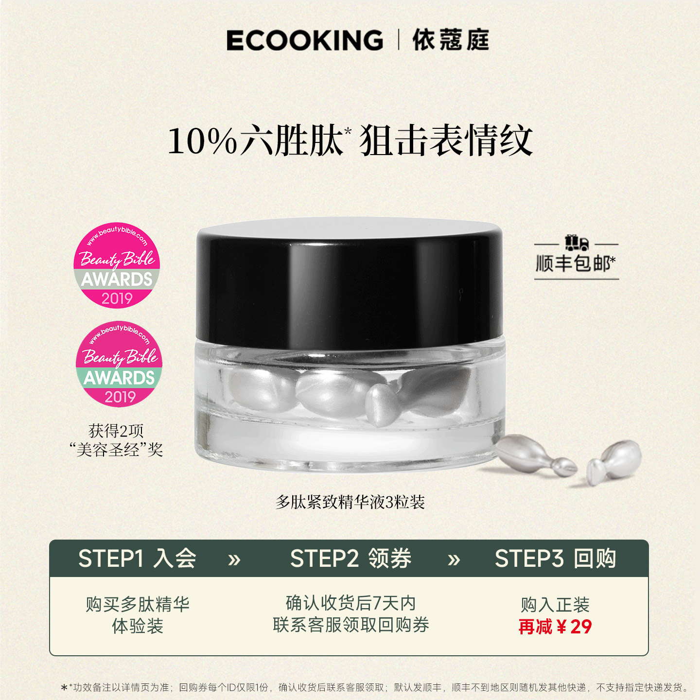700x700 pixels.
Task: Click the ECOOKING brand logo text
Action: click(305, 40)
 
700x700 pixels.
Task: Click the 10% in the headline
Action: click(202, 141)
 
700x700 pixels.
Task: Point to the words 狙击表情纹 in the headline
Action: click(446, 141)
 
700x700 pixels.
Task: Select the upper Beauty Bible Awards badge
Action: click(117, 265)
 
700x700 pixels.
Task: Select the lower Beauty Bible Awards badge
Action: click(119, 364)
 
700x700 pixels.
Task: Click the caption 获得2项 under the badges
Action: click(116, 431)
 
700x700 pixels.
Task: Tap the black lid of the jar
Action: click(349, 282)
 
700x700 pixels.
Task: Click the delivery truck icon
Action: click(577, 243)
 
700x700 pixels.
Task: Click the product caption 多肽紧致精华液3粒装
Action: click(350, 502)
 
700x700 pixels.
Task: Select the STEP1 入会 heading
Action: click(137, 559)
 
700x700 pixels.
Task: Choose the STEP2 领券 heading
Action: click(350, 559)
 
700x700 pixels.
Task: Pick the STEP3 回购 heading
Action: click(555, 559)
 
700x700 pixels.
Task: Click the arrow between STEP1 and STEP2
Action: click(234, 560)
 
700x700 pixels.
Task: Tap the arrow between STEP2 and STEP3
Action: click(454, 560)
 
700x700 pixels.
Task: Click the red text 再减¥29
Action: click(555, 627)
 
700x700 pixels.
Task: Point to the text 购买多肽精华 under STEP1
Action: click(138, 604)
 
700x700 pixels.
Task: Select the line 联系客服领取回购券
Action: click(350, 625)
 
